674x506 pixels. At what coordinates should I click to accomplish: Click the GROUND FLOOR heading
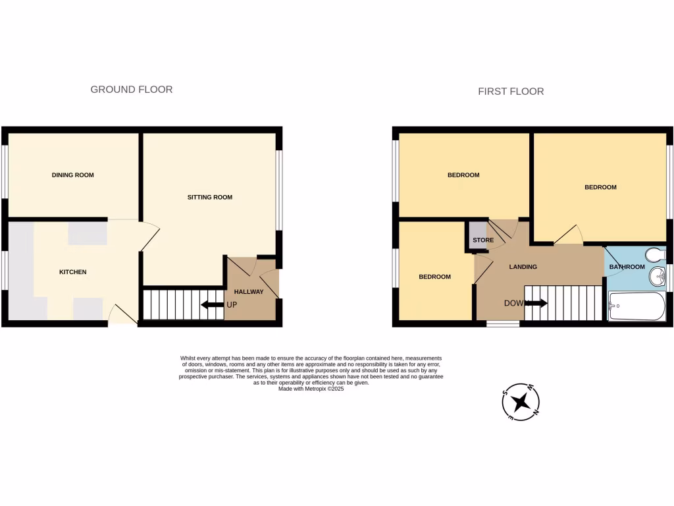[131, 90]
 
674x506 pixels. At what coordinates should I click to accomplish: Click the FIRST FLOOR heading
[511, 92]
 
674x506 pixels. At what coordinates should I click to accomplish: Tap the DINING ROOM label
[73, 175]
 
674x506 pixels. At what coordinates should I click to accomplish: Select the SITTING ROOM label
[210, 197]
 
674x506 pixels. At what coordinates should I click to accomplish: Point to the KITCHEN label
[73, 272]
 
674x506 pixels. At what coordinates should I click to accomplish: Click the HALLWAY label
[249, 292]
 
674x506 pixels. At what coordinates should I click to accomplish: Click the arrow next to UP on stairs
[211, 304]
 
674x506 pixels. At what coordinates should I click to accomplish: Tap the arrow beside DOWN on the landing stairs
[536, 304]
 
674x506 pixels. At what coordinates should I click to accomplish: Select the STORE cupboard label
[482, 240]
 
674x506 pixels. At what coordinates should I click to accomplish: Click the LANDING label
[523, 267]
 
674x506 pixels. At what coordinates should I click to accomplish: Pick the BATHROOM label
[627, 267]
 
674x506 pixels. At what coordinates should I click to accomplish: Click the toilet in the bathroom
[655, 254]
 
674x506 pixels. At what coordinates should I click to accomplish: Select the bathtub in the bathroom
[636, 306]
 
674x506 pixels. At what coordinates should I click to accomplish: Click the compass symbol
[521, 402]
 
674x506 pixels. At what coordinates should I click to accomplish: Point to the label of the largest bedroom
[600, 187]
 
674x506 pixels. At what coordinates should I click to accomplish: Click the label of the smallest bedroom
[435, 277]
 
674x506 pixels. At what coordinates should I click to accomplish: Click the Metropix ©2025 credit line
[311, 389]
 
